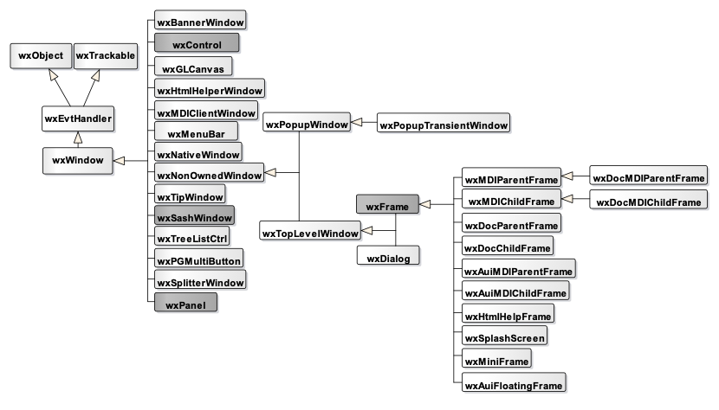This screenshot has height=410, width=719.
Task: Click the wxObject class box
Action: [x=41, y=56]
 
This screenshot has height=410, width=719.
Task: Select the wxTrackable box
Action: [x=106, y=56]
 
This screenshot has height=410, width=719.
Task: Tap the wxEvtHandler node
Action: [x=79, y=119]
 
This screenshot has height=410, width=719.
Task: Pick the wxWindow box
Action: [x=78, y=160]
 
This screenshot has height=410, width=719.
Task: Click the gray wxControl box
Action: [x=198, y=44]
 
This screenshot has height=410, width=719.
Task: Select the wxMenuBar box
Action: [x=197, y=134]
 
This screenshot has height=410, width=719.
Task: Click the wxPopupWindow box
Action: [x=307, y=125]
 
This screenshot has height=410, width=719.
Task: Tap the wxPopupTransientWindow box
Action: [x=444, y=125]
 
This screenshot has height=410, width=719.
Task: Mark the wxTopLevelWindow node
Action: [x=310, y=233]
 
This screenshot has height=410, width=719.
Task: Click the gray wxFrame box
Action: [x=388, y=207]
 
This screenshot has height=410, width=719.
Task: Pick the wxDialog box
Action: [x=389, y=257]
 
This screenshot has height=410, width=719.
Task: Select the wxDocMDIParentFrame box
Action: [x=649, y=177]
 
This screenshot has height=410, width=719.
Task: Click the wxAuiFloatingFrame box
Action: [x=515, y=384]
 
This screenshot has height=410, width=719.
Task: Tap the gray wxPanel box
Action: [x=185, y=304]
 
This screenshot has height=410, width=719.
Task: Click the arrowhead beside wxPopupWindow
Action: [x=356, y=125]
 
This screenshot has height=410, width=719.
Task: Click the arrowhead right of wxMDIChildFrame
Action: [x=567, y=201]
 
